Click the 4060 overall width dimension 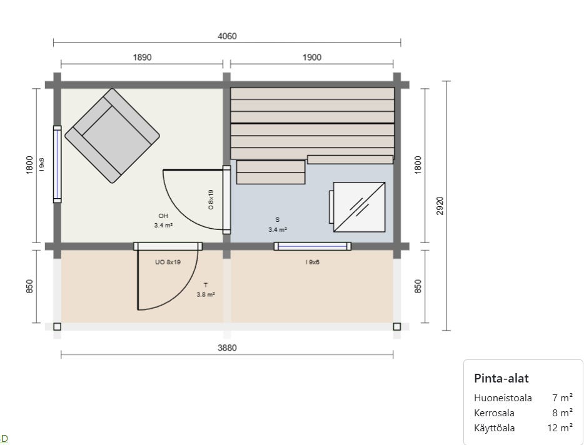coord(227,36)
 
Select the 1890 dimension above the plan coord(143,57)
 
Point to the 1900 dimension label coord(312,57)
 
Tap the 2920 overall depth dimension coord(440,206)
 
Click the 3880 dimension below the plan coord(227,347)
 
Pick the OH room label coord(163,216)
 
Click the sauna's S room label coord(278,220)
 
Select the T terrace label coord(206,285)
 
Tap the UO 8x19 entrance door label coord(168,262)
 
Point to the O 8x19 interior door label coord(211,199)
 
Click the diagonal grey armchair coord(112,136)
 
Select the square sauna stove coord(359,207)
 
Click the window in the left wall coord(57,164)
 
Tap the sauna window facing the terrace coord(313,246)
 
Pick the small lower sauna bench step coord(271,172)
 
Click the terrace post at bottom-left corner coord(57,327)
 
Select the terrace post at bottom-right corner coord(397,327)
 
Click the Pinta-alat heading coord(501,378)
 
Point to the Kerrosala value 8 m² coord(562,412)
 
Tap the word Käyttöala coord(494,428)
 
